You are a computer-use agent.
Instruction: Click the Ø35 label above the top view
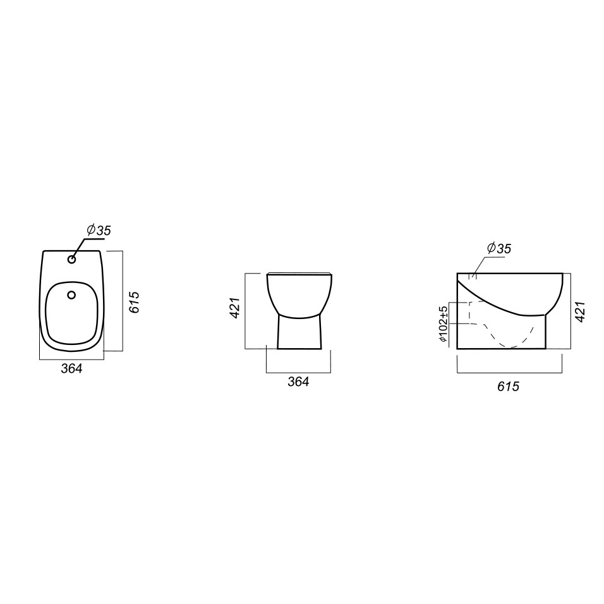coord(99,230)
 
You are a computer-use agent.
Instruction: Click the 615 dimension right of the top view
coord(134,302)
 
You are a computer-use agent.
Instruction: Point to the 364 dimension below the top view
coord(71,368)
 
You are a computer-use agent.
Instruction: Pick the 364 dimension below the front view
coord(299,382)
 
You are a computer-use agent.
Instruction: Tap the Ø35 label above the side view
coord(499,248)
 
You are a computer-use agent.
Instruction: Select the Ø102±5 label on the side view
coord(443,323)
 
